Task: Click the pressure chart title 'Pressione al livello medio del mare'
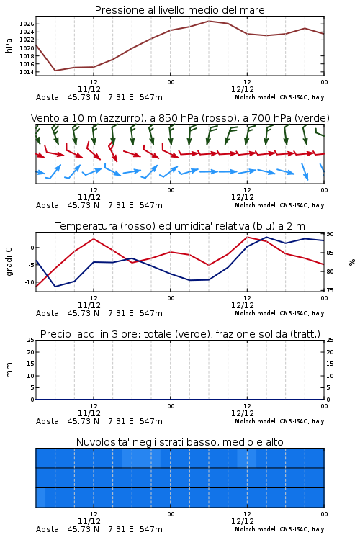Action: (x=179, y=10)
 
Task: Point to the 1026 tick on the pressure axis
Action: (x=27, y=24)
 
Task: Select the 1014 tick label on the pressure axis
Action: (x=27, y=72)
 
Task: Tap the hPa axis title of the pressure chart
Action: (x=9, y=45)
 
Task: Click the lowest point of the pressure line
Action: (x=55, y=71)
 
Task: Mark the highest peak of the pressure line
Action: (x=209, y=21)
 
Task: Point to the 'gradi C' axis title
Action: (x=9, y=261)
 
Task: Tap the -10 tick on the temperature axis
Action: (x=29, y=282)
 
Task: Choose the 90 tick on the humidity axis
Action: (x=330, y=234)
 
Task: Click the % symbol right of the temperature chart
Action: (x=352, y=262)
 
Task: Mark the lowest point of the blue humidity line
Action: (x=55, y=287)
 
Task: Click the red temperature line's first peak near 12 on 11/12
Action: (x=94, y=238)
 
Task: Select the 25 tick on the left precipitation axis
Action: (x=31, y=340)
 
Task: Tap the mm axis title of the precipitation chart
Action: (x=9, y=370)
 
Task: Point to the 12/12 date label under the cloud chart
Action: (x=243, y=521)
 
